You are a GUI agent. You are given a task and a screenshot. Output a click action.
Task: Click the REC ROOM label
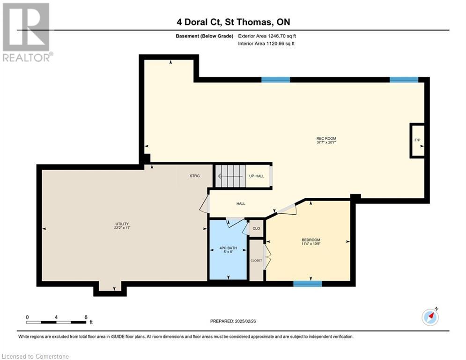click(x=326, y=138)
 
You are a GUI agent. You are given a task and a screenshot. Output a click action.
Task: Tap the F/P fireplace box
click(x=417, y=140)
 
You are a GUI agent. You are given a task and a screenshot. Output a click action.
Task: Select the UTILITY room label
click(x=122, y=224)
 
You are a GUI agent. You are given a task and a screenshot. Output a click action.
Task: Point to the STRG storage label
click(x=195, y=176)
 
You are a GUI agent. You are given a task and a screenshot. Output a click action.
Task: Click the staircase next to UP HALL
click(x=230, y=176)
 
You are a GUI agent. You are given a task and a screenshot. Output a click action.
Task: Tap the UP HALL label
click(x=257, y=176)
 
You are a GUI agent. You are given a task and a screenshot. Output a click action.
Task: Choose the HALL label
click(x=241, y=204)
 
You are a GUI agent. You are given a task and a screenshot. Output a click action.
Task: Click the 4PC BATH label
click(x=228, y=248)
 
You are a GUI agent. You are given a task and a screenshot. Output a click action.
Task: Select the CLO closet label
click(x=256, y=228)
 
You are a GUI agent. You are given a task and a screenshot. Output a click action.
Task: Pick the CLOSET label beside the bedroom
click(x=256, y=261)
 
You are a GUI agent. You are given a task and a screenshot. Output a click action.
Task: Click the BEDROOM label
click(x=311, y=240)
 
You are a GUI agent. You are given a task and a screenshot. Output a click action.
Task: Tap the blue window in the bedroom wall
click(x=308, y=284)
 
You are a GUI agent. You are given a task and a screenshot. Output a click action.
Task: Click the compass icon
click(x=430, y=316)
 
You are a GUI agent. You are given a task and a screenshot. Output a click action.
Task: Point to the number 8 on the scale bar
click(x=86, y=317)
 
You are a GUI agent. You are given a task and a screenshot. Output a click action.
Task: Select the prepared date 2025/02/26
click(x=245, y=321)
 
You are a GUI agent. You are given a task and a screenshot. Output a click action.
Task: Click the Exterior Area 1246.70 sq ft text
click(x=267, y=36)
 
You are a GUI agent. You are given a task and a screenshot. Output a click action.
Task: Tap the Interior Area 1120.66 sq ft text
click(x=266, y=44)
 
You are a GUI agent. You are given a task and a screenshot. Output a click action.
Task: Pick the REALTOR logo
click(x=27, y=32)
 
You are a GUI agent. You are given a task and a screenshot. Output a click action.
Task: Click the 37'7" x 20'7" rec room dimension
click(x=326, y=142)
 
